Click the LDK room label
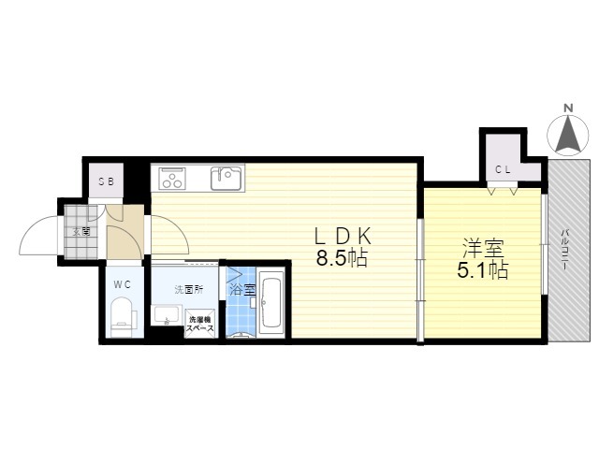[x=342, y=237]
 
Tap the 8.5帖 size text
[x=342, y=259]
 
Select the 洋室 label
[x=483, y=248]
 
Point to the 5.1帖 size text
[x=483, y=270]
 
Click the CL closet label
[x=503, y=170]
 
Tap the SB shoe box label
[x=106, y=181]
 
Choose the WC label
[x=123, y=284]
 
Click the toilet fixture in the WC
[x=123, y=317]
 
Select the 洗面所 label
[x=189, y=290]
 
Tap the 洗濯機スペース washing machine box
[x=199, y=324]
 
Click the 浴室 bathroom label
[x=242, y=290]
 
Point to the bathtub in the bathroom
[x=271, y=303]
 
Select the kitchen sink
[x=226, y=178]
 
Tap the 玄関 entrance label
[x=81, y=231]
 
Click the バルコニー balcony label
[x=564, y=250]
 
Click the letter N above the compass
[x=568, y=109]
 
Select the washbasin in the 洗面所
[x=167, y=315]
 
